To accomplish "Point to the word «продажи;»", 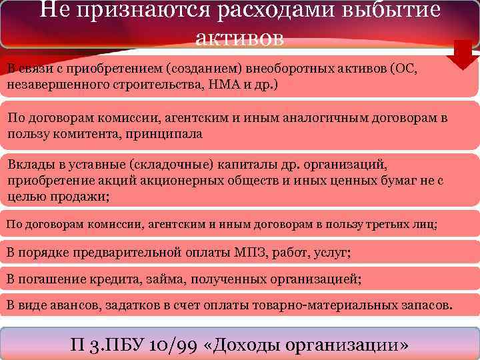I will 81,197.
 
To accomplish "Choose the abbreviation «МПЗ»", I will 252,253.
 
